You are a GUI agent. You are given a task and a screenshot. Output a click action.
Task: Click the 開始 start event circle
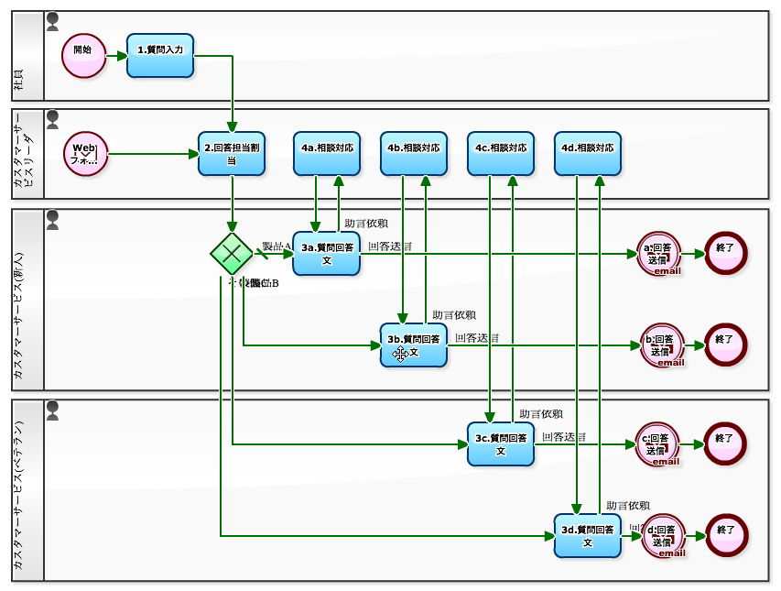[x=83, y=55]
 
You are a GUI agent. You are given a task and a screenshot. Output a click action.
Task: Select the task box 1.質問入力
[x=160, y=55]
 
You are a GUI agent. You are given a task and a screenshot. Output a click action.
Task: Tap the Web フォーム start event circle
[x=85, y=153]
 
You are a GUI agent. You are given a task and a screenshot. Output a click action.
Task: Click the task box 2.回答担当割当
[x=232, y=153]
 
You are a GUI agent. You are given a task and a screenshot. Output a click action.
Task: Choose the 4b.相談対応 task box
[x=414, y=153]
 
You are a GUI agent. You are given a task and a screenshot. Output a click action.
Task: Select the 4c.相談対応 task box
[x=501, y=153]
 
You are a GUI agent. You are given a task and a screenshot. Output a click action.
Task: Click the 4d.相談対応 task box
[x=588, y=153]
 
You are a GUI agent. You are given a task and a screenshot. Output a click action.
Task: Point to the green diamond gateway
[x=231, y=253]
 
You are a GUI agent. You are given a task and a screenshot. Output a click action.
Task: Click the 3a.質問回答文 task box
[x=326, y=253]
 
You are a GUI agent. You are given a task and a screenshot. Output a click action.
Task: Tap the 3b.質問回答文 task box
[x=414, y=345]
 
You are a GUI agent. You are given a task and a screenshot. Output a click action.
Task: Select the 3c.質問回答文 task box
[x=501, y=443]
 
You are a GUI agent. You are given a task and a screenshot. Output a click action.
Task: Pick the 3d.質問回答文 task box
[x=588, y=535]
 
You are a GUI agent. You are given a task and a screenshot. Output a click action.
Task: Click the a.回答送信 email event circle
[x=659, y=253]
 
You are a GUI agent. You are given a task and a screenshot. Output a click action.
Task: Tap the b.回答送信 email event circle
[x=659, y=345]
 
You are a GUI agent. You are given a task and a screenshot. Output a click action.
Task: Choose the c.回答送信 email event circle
[x=659, y=443]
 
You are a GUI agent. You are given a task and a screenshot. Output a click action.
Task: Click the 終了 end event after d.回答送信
[x=726, y=535]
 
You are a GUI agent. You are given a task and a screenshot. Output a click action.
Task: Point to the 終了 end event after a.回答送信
[x=726, y=253]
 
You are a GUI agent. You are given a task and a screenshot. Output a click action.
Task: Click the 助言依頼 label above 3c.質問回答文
[x=541, y=414]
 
